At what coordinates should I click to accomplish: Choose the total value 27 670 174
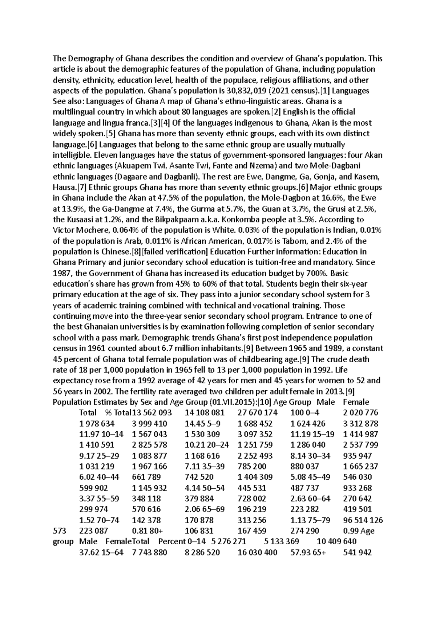pos(257,413)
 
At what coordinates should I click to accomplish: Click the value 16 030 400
pos(257,552)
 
